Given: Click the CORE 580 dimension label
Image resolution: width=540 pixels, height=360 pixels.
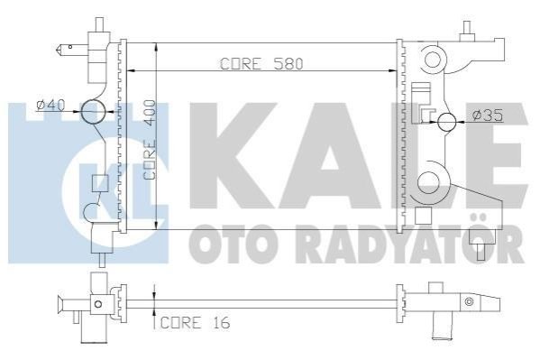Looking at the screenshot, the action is [261, 64].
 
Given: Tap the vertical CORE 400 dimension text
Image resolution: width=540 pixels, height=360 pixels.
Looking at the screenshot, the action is [150, 140].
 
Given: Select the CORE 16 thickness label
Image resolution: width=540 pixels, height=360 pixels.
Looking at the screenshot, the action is [195, 323].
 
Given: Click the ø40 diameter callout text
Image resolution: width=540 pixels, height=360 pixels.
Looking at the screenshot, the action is [51, 105].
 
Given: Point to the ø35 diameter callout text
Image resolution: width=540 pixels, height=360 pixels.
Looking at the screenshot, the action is [488, 115].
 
